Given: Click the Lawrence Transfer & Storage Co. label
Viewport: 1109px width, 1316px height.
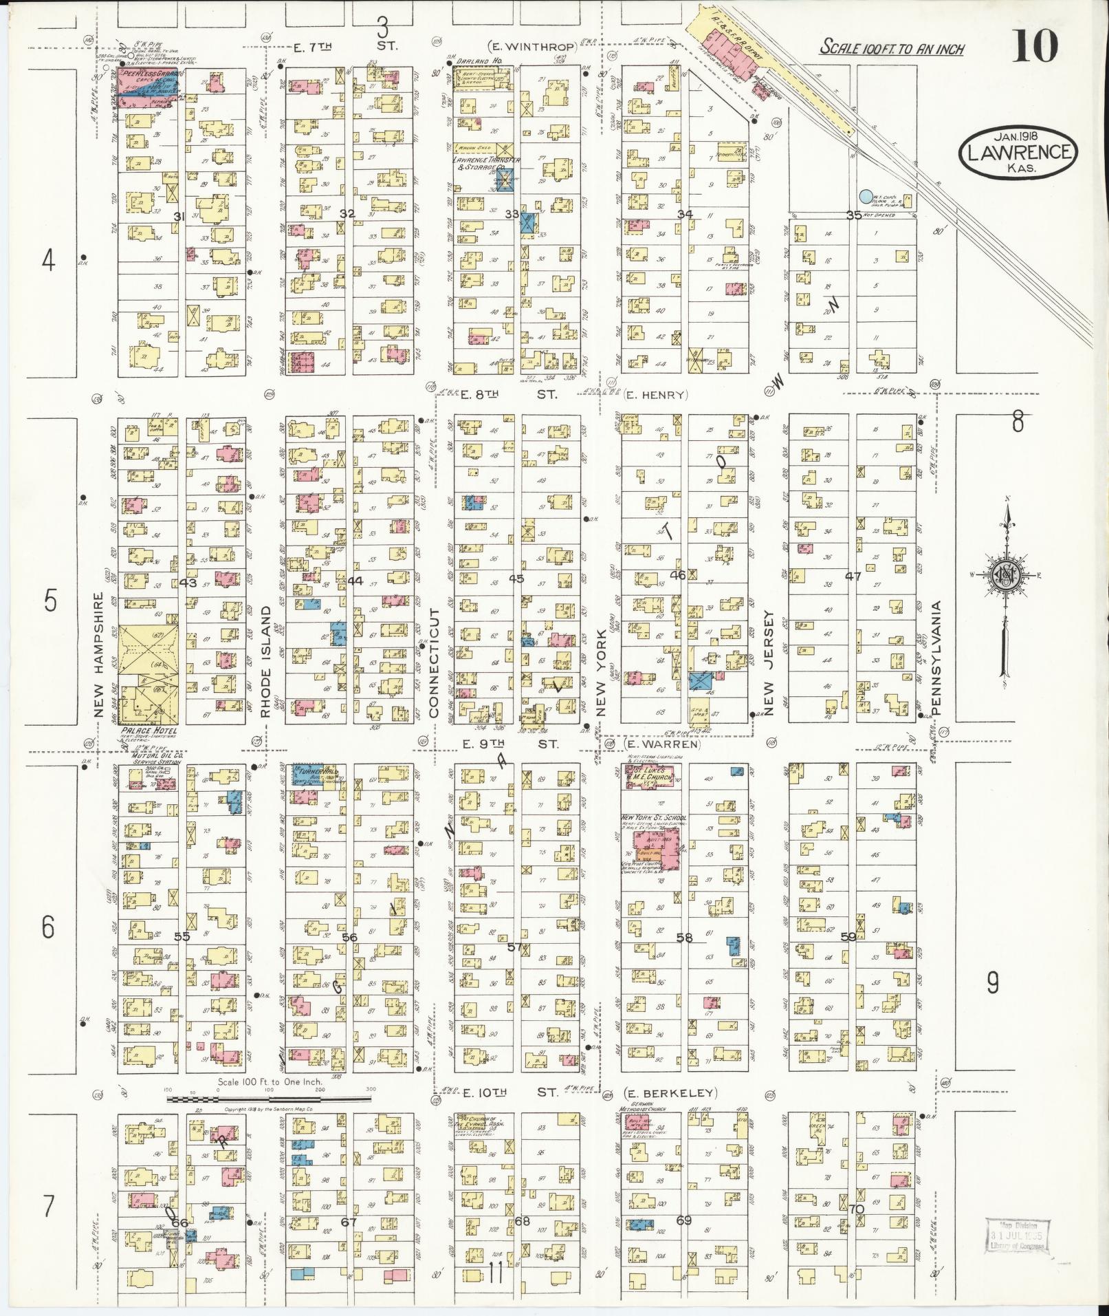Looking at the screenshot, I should pos(486,163).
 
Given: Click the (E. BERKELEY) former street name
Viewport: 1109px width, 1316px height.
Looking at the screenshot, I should pos(670,1093).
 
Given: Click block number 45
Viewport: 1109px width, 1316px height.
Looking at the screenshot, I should pos(516,579).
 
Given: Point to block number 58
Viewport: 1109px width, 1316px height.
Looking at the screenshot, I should pos(684,936).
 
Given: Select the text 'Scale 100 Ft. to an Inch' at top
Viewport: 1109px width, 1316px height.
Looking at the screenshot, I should pos(892,49).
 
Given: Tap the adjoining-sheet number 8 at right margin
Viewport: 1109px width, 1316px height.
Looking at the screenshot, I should pos(1018,421).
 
